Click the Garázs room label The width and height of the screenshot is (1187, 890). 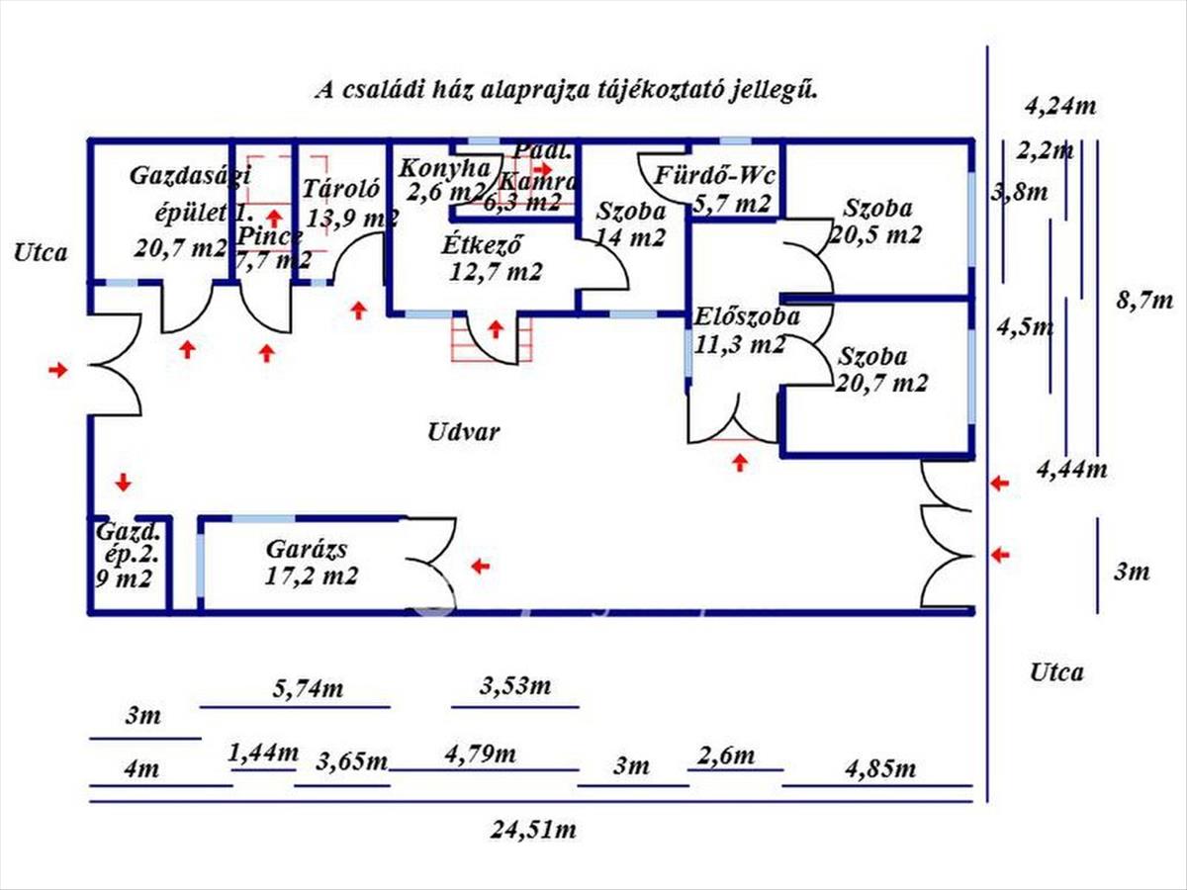click(x=308, y=550)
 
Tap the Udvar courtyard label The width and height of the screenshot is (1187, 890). click(x=464, y=432)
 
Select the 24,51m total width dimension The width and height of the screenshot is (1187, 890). click(x=535, y=830)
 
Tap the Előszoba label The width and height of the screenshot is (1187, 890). click(x=747, y=318)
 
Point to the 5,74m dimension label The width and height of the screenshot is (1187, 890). click(x=308, y=688)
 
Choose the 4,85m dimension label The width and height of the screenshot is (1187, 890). click(x=880, y=768)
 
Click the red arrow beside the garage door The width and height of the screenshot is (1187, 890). click(x=481, y=566)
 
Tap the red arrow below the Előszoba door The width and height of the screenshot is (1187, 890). click(x=740, y=461)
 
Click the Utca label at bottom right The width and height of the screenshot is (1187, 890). click(x=1056, y=673)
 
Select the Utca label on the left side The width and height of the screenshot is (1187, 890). click(x=41, y=252)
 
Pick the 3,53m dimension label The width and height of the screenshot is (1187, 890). click(x=514, y=685)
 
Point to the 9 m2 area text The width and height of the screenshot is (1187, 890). click(x=119, y=579)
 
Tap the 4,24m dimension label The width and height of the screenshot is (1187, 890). click(x=1061, y=107)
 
